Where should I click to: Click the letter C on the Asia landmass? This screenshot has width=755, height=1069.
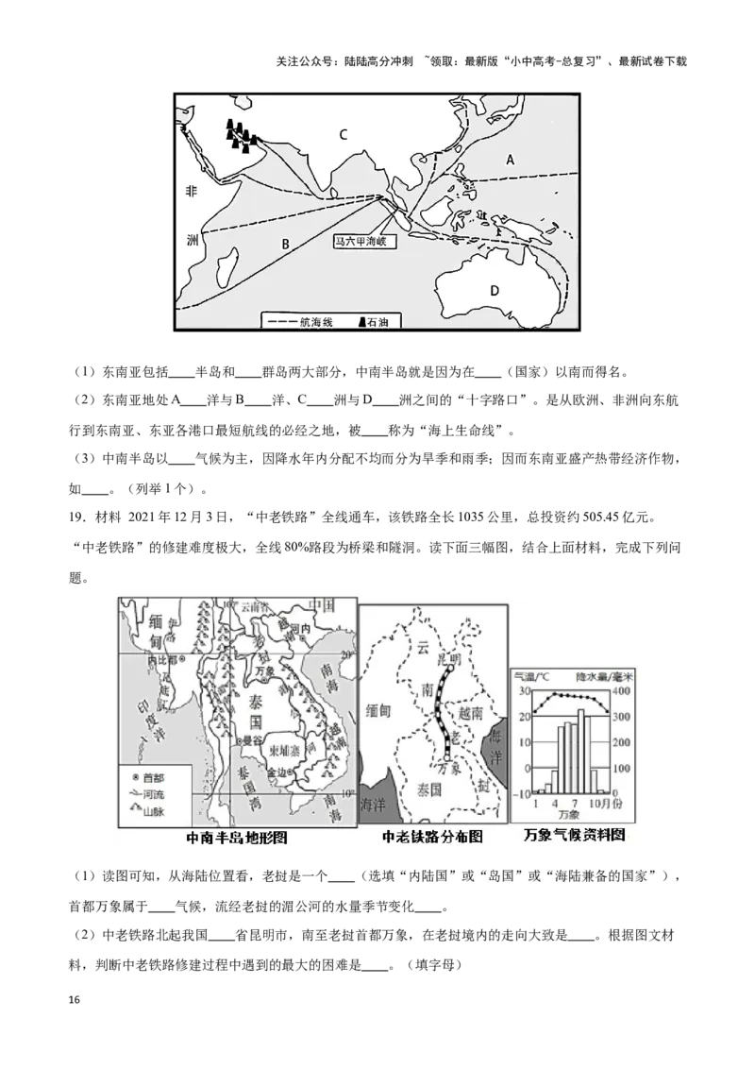pos(344,134)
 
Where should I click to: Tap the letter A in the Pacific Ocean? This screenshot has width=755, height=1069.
pos(510,160)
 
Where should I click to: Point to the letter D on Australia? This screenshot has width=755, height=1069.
pos(494,290)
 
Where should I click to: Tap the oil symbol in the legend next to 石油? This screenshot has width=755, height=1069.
pos(361,323)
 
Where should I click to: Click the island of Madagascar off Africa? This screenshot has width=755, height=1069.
pos(226,267)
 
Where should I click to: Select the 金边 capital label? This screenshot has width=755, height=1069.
pos(279,772)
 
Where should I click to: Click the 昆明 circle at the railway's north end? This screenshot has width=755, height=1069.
pos(449,659)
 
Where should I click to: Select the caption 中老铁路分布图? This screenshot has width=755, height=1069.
pos(432,837)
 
